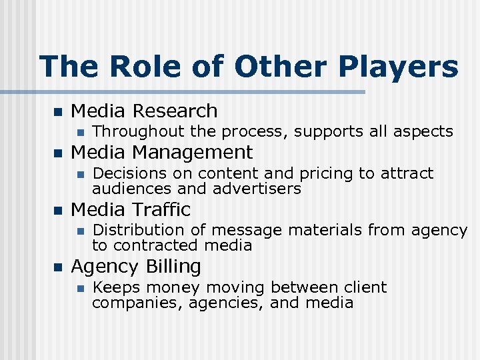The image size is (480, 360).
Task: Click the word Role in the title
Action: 130,67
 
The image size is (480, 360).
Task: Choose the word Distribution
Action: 140,231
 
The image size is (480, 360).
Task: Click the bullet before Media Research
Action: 57,111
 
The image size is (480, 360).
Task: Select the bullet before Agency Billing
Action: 57,267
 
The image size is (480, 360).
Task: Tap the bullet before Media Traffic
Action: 57,210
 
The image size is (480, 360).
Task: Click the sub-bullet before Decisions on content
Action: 80,174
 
